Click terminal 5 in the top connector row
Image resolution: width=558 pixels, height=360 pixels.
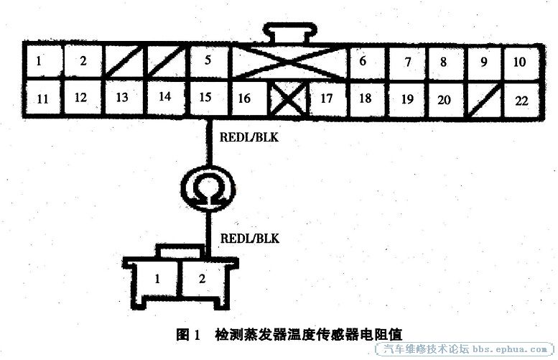tap(208, 60)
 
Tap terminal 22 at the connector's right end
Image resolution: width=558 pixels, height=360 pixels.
tap(521, 101)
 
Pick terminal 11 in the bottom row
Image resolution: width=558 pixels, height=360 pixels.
tap(42, 98)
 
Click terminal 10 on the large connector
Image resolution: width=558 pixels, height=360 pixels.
tap(520, 62)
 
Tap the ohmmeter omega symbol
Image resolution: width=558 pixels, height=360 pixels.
tap(208, 189)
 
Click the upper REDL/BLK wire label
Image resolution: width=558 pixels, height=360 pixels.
tap(249, 137)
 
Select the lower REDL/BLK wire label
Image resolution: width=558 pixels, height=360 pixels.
tap(250, 239)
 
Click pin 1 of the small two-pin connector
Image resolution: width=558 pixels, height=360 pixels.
tap(158, 279)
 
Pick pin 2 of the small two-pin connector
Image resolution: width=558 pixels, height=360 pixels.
tap(203, 279)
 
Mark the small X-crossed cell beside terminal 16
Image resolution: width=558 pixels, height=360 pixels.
tap(288, 99)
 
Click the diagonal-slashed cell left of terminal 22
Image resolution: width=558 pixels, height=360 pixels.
tap(484, 101)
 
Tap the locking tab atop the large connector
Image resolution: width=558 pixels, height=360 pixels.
tap(289, 32)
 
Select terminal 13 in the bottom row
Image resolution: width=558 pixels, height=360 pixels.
tap(123, 97)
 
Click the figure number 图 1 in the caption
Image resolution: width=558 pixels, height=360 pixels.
tap(189, 335)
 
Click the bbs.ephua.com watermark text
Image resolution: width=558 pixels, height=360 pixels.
tap(510, 349)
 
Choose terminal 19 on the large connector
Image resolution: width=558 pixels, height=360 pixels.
tap(407, 100)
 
